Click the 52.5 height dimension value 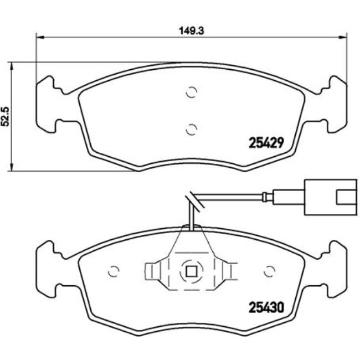(x=6, y=117)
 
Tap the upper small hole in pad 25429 (x=192, y=93)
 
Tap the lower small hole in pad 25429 (x=191, y=130)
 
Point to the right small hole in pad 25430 (x=270, y=271)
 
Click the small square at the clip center (x=191, y=271)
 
